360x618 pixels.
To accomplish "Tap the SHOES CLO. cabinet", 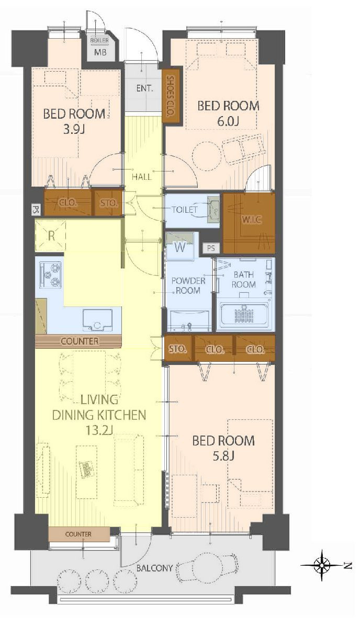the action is [171, 96].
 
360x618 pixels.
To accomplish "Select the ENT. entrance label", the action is [144, 88].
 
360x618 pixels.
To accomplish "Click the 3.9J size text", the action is [74, 129].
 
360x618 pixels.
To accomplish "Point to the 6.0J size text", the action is [228, 121].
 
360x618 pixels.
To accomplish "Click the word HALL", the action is [142, 177].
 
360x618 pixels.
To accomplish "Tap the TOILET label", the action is [184, 209].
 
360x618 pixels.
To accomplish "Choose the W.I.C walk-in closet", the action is [249, 223].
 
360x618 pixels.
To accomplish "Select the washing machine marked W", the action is [180, 247].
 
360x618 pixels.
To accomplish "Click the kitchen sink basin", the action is [97, 320].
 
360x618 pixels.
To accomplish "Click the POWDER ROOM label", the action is [188, 286].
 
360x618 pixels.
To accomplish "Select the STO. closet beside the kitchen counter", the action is [178, 349].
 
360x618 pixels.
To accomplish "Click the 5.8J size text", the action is [223, 456].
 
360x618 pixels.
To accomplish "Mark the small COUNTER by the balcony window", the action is [79, 534].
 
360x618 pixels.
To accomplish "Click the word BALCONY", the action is [154, 568].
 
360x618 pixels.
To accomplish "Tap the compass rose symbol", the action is [323, 565].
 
